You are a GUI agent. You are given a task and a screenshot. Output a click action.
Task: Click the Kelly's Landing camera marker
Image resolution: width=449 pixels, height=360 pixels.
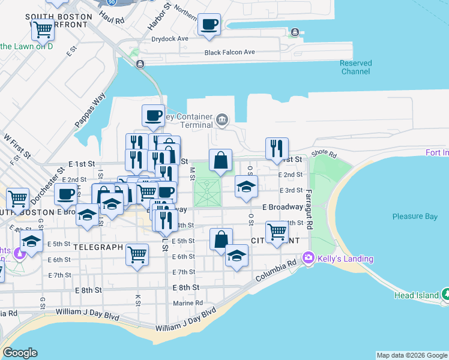[309, 257]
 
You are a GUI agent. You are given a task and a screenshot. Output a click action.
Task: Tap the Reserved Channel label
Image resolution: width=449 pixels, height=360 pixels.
[355, 67]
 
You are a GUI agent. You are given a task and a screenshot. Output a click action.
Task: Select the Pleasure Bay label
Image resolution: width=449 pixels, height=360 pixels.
[415, 217]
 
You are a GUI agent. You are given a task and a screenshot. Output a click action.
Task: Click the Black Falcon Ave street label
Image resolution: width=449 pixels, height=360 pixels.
[230, 53]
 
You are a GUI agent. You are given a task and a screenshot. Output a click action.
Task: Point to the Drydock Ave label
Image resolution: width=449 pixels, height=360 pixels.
[170, 38]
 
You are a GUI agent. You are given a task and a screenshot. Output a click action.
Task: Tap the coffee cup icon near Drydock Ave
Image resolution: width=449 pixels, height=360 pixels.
[209, 25]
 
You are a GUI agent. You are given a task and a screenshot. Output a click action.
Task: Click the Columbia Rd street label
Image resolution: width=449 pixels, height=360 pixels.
[275, 271]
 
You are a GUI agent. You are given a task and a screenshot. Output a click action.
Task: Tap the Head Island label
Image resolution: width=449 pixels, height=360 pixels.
[417, 295]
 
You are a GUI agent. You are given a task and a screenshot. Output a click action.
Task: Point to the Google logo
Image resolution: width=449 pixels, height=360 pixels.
[20, 353]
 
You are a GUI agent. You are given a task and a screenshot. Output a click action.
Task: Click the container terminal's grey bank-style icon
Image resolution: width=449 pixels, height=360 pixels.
[223, 119]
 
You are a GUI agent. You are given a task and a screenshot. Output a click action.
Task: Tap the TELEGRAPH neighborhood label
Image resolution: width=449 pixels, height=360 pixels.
[98, 247]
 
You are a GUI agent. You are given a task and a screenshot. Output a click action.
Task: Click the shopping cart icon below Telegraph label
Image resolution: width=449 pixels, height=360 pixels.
[137, 254]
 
